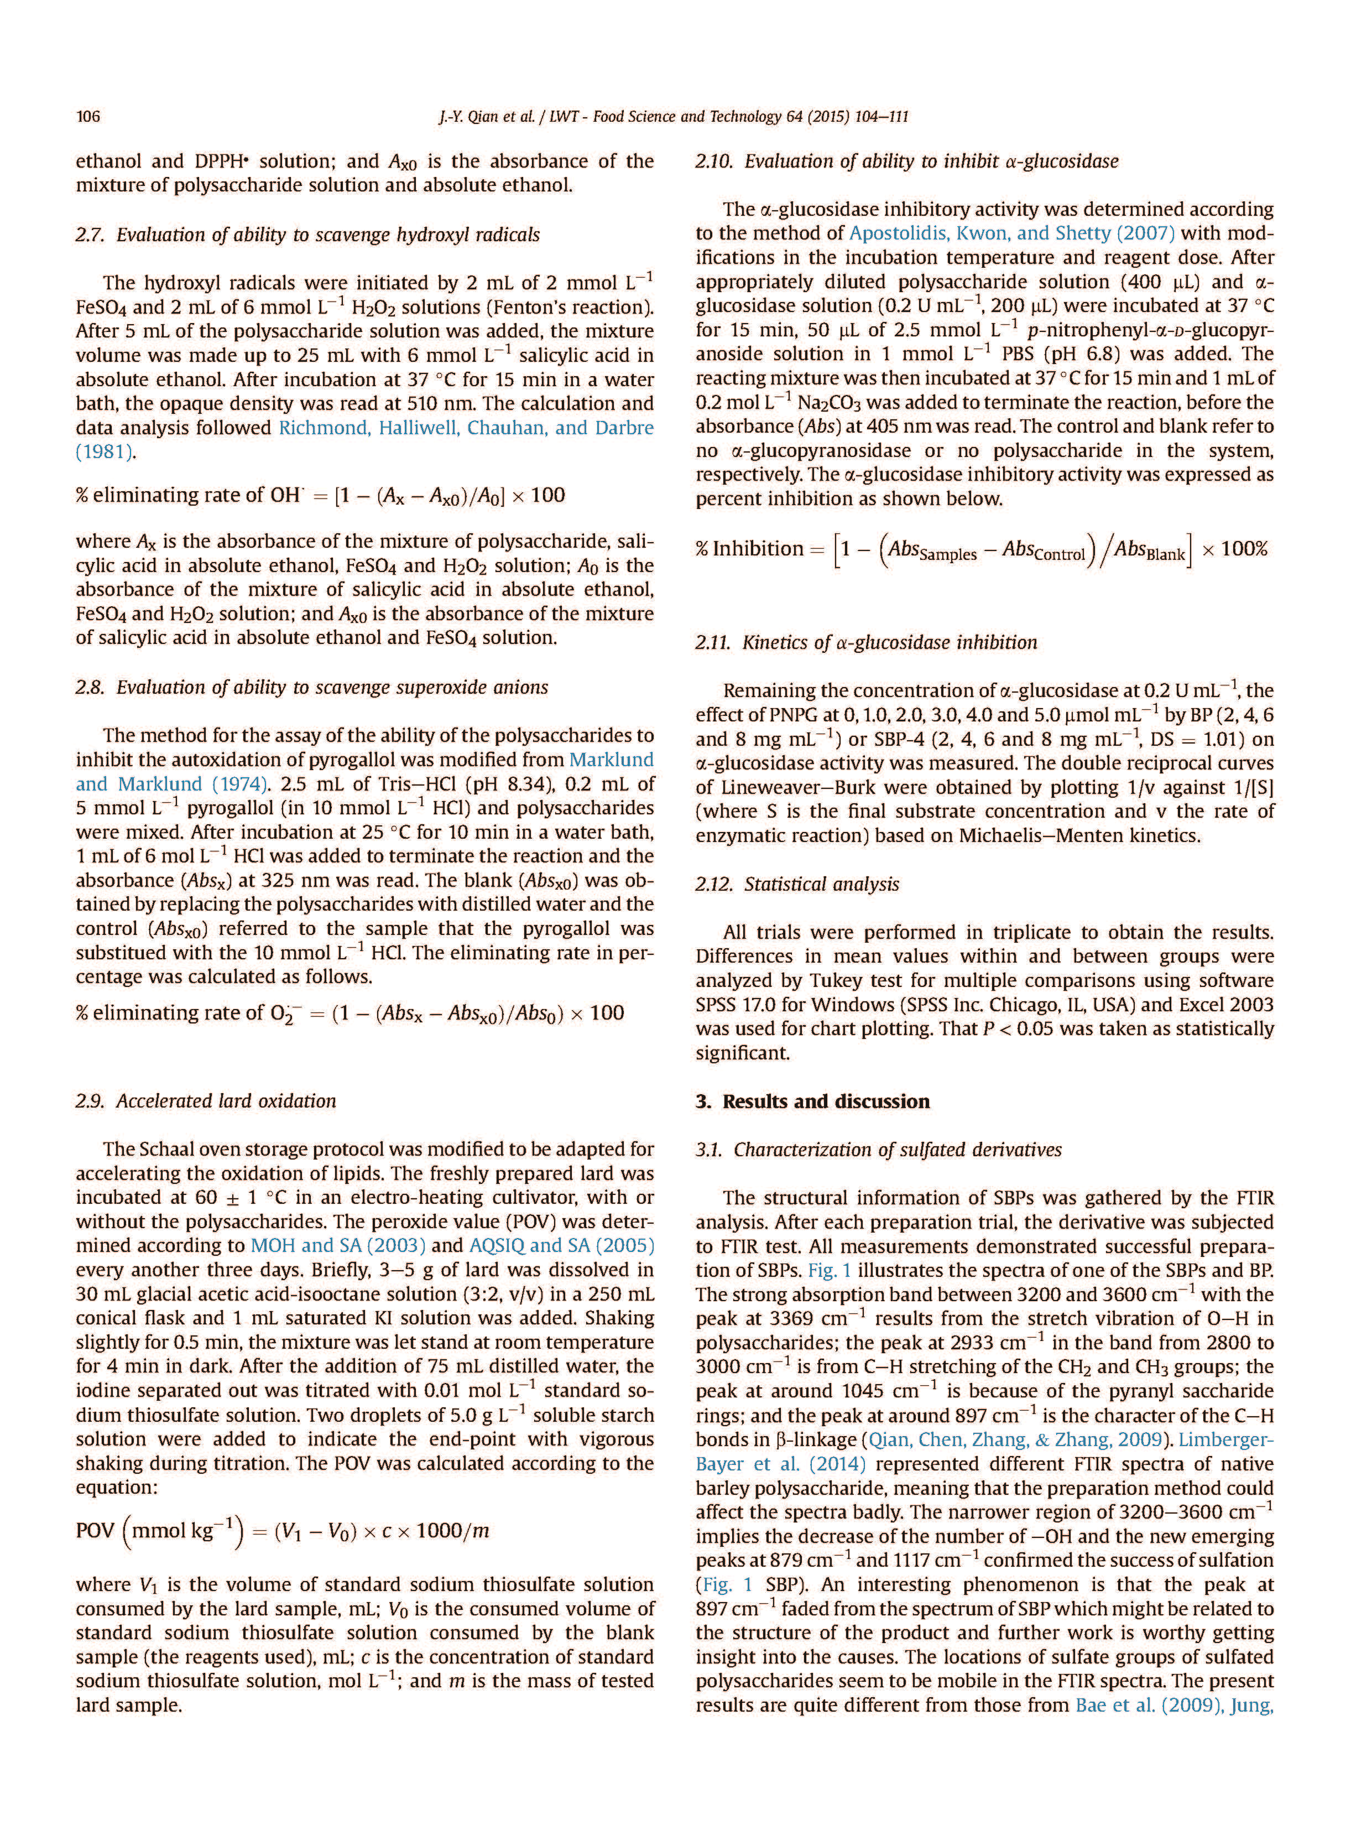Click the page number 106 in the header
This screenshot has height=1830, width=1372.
click(88, 117)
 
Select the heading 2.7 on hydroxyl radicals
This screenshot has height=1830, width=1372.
click(307, 235)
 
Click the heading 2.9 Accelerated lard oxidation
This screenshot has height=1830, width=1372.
click(205, 1101)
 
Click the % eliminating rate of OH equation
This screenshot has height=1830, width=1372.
click(320, 496)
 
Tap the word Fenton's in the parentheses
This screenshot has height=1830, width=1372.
click(530, 308)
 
